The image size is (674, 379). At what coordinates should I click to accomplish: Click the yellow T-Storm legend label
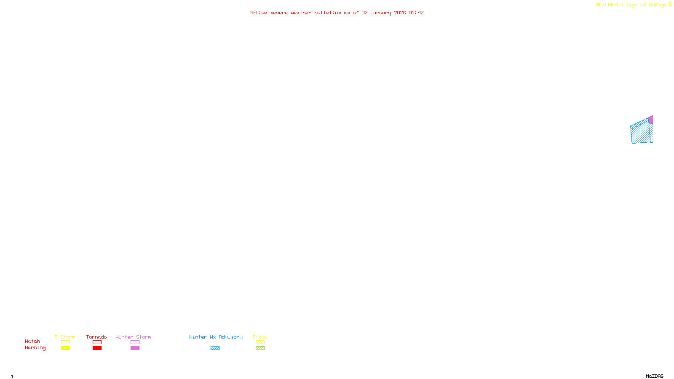[65, 337]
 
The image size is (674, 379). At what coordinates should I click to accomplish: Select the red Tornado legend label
[96, 337]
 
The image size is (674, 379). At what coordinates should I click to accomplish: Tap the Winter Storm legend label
[133, 337]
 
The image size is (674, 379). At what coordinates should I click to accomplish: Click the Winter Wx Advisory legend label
[216, 337]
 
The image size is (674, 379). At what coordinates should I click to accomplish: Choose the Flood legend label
[260, 337]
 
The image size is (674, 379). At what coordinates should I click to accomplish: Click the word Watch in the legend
[32, 341]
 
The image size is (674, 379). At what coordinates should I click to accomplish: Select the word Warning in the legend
[35, 348]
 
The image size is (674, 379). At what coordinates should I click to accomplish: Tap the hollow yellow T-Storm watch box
[65, 342]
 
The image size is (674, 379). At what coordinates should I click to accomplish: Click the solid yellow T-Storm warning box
[65, 348]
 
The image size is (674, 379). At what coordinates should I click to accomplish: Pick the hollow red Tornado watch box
[97, 342]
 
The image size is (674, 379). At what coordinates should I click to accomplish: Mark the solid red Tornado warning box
[97, 348]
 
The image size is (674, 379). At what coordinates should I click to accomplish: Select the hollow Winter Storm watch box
[135, 342]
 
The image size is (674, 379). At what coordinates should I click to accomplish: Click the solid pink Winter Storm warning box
[135, 348]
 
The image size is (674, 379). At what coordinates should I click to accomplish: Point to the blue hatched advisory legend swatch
[215, 348]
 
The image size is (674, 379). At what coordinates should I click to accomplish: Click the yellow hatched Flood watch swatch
[260, 342]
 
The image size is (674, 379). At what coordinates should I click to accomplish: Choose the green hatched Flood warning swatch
[260, 348]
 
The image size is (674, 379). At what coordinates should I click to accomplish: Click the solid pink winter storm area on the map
[651, 120]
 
